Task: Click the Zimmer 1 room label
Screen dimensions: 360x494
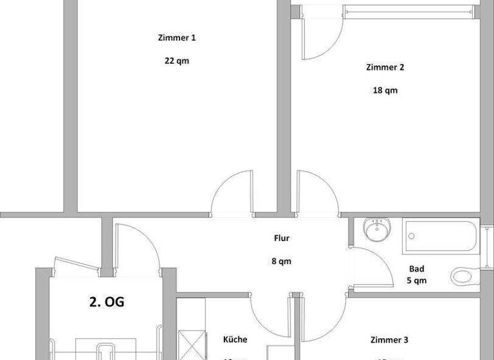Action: [177, 38]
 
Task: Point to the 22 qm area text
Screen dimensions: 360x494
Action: [177, 62]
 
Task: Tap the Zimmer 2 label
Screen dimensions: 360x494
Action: [385, 67]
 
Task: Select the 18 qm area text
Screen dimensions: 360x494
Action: [385, 91]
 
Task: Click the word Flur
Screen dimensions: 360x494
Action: [282, 238]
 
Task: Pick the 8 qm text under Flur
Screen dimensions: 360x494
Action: [282, 262]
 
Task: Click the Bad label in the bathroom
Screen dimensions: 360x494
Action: [417, 269]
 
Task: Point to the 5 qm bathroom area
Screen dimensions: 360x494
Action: [417, 281]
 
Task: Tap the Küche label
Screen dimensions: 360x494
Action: [235, 340]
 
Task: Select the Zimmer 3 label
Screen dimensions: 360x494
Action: [389, 340]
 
